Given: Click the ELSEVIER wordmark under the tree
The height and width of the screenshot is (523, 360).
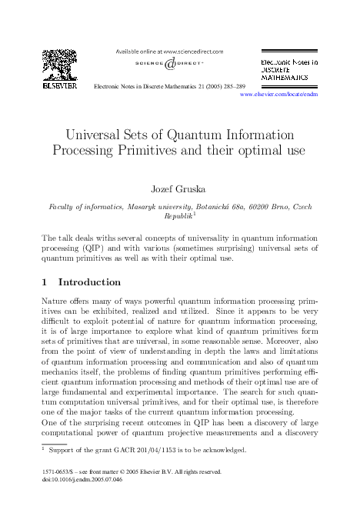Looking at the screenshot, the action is [60, 87].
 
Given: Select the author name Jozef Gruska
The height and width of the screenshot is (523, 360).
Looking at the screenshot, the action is [179, 187].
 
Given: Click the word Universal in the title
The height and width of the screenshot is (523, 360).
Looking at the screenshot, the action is [99, 132].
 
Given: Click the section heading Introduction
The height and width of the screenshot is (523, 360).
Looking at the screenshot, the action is [89, 282].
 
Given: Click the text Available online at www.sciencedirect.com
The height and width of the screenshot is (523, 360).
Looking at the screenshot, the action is [168, 51].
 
